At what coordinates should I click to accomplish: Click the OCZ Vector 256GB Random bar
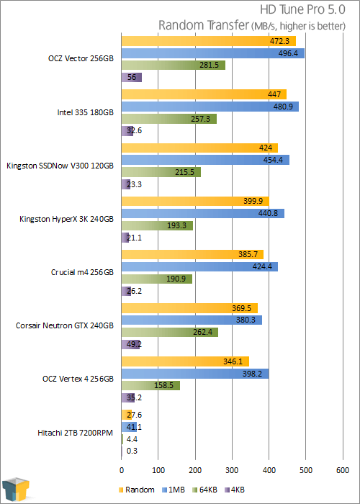209,42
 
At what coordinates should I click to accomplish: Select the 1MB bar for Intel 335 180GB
210,107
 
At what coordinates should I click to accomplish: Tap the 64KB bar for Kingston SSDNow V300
161,172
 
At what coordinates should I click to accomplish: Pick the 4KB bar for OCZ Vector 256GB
132,78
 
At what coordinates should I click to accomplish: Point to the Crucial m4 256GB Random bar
192,255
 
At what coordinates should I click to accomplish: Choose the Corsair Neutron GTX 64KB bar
170,333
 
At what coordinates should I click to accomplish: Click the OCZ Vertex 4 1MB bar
195,374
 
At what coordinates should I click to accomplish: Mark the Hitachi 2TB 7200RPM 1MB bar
129,427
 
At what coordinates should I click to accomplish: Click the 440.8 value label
269,213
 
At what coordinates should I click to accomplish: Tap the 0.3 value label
132,451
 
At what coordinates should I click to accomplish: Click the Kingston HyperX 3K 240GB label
66,219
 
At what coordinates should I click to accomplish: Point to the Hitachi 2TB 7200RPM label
75,433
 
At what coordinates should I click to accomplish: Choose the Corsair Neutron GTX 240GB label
65,326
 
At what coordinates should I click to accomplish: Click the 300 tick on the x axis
232,470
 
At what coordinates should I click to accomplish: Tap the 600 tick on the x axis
343,470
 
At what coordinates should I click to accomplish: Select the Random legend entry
136,490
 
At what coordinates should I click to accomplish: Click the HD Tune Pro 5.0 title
302,10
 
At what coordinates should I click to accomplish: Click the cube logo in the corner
15,490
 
